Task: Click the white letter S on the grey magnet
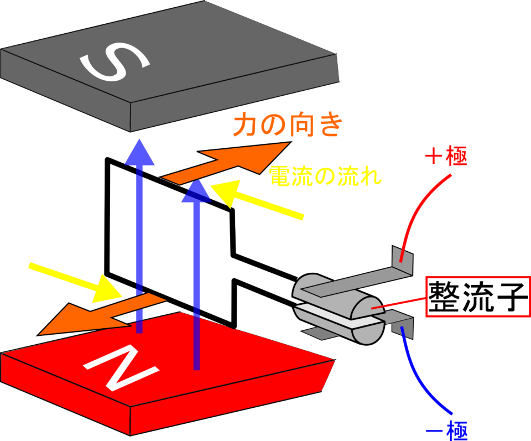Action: [114, 63]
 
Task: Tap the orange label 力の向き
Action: [288, 124]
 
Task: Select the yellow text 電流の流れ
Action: [325, 176]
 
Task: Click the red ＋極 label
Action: [446, 156]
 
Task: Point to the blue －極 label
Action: [446, 430]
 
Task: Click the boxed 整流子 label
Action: [478, 297]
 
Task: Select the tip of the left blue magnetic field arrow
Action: [139, 139]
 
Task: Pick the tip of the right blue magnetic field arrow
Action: [196, 180]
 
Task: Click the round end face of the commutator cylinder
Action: [368, 320]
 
